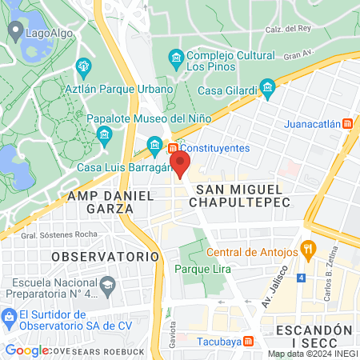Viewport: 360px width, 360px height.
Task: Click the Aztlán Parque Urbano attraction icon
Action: [80, 66]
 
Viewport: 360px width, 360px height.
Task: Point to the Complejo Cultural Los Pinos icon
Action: [176, 58]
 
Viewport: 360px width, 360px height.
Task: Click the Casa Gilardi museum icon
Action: [267, 86]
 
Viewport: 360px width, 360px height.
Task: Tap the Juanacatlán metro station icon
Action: [347, 124]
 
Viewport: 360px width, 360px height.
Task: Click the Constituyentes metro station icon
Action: [172, 148]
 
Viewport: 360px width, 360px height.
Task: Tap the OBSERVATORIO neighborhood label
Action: [105, 256]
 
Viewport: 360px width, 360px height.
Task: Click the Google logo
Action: [27, 350]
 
